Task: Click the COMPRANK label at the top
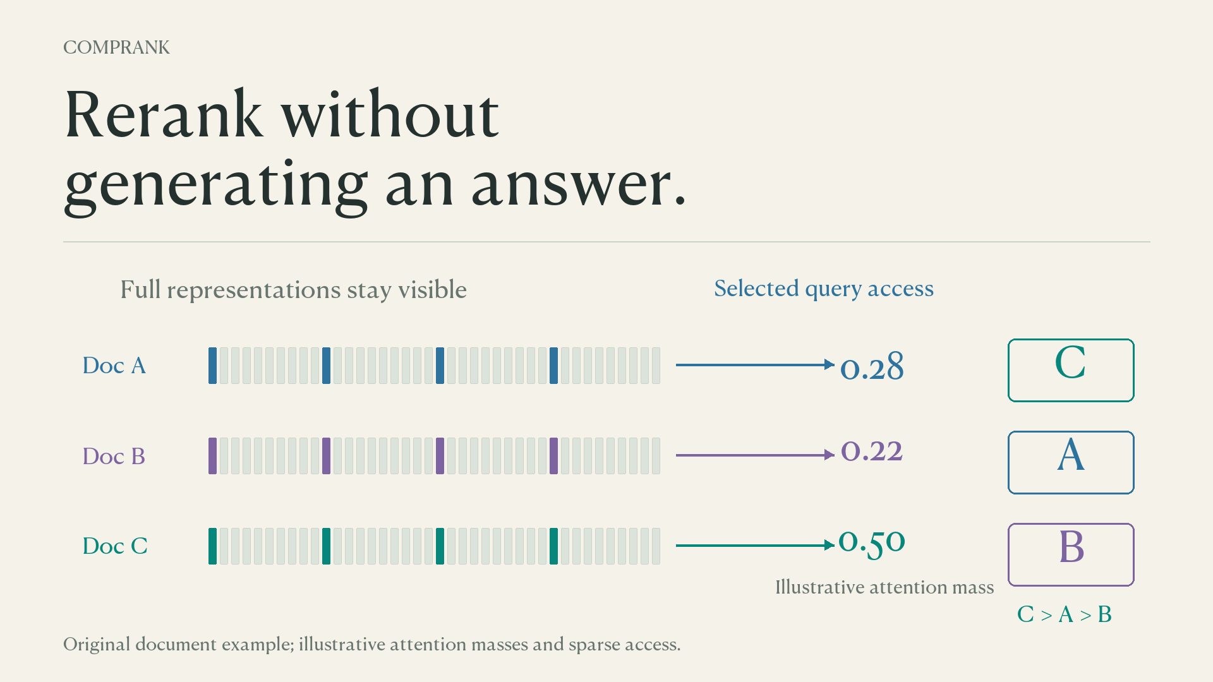click(116, 47)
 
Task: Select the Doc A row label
click(114, 366)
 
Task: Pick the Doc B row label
click(114, 456)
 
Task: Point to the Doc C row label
click(115, 546)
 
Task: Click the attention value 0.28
click(872, 367)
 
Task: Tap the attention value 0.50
click(872, 542)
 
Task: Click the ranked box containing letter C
click(1071, 340)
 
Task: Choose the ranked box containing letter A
click(1071, 432)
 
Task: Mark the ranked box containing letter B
click(1071, 524)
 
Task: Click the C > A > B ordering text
click(1065, 614)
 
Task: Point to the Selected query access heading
click(824, 289)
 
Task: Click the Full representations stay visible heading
click(294, 290)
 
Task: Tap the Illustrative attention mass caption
click(884, 587)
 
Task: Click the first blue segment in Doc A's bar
click(213, 366)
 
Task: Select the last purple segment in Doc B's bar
click(554, 456)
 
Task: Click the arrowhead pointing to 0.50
click(830, 546)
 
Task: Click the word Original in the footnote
click(97, 645)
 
